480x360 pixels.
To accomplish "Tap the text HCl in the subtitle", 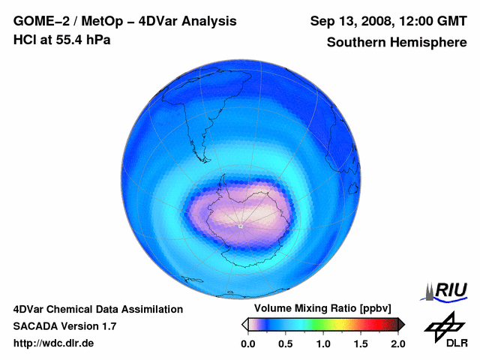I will (x=25, y=40).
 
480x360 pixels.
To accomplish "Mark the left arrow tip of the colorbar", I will (x=244, y=324).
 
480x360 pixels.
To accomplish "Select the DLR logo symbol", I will (x=442, y=325).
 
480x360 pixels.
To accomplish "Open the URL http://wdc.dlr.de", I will (x=54, y=343).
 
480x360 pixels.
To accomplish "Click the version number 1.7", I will (x=108, y=326).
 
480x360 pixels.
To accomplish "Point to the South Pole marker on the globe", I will (x=239, y=226).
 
